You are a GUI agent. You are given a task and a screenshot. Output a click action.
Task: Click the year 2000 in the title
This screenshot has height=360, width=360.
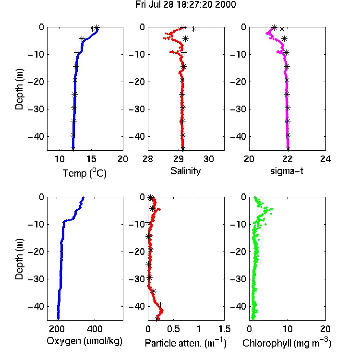[225, 5]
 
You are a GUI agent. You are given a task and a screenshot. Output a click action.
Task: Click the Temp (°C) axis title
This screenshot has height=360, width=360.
[84, 173]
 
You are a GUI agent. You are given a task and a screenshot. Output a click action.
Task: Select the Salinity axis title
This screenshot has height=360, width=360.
[185, 171]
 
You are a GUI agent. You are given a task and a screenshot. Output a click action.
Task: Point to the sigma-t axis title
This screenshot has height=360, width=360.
[287, 171]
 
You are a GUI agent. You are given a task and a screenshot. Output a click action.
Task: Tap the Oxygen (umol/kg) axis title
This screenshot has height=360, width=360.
[84, 341]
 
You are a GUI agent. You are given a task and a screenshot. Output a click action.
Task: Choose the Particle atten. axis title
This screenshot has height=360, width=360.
[186, 343]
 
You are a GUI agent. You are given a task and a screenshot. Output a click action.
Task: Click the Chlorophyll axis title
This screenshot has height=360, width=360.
[287, 343]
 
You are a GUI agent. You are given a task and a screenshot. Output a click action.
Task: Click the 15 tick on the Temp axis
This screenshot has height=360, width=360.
[91, 159]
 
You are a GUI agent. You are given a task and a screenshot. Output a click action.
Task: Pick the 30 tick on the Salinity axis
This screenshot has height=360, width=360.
[209, 159]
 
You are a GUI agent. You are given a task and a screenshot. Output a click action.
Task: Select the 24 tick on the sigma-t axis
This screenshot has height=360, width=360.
[325, 159]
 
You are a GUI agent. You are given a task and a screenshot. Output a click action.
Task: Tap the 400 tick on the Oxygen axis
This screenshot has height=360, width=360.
[95, 329]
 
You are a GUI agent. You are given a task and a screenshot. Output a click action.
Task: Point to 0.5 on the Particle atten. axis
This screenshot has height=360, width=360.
[173, 329]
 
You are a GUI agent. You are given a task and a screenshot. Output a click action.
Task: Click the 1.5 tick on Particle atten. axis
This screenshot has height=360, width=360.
[224, 329]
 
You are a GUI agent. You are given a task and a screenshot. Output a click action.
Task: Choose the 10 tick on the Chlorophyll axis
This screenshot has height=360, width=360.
[287, 329]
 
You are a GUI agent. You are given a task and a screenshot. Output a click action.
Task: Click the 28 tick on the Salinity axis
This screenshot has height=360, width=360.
[148, 159]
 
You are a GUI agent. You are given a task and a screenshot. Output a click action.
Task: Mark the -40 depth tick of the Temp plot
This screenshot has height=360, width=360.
[36, 136]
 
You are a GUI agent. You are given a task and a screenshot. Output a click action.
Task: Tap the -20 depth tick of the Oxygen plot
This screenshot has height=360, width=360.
[36, 252]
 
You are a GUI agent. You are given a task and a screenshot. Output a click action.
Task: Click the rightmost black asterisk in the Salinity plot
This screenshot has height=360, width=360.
[193, 29]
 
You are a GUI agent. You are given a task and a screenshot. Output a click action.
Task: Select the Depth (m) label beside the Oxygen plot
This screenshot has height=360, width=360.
[19, 259]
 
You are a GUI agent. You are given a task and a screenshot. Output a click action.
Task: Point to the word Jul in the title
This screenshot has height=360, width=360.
[155, 5]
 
